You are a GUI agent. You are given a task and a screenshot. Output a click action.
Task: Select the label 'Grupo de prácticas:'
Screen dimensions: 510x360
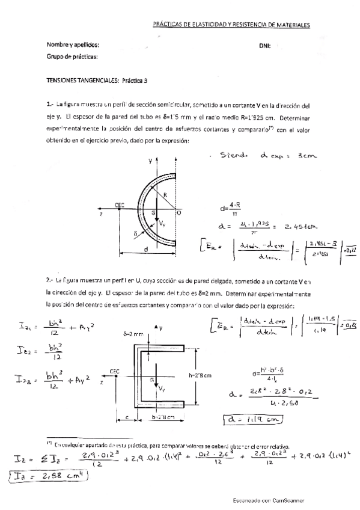(x=72, y=57)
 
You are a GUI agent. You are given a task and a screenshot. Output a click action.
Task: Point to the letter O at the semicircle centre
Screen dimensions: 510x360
(x=178, y=212)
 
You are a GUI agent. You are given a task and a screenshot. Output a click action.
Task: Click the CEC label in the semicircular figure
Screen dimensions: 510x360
(x=120, y=204)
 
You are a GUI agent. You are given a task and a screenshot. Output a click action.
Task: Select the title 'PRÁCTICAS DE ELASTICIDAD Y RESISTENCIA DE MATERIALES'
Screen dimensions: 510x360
(x=231, y=26)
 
